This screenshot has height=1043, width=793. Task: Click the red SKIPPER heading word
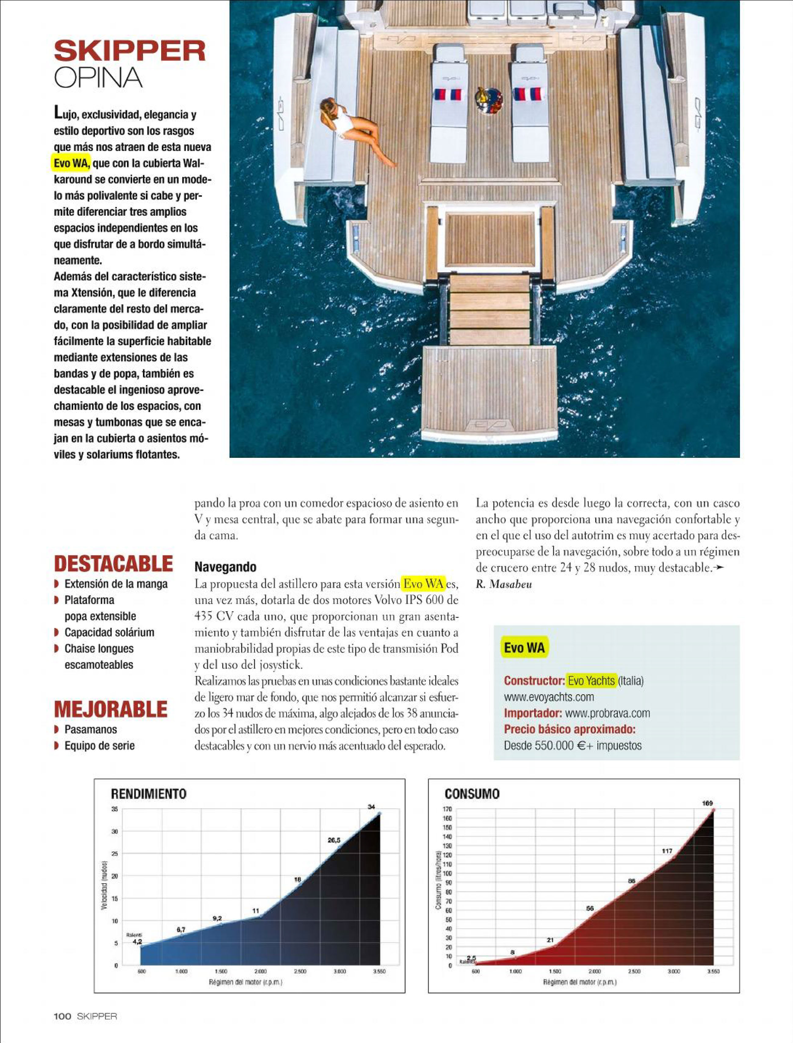(x=130, y=51)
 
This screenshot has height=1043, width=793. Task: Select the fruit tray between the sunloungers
(x=489, y=100)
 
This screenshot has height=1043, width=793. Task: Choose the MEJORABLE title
(x=110, y=709)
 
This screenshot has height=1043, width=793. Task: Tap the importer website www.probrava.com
(x=607, y=713)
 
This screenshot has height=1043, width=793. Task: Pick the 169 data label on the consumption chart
(x=708, y=803)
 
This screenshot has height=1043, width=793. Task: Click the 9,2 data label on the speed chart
(x=217, y=918)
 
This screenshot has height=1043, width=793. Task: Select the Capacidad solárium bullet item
(x=109, y=632)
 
